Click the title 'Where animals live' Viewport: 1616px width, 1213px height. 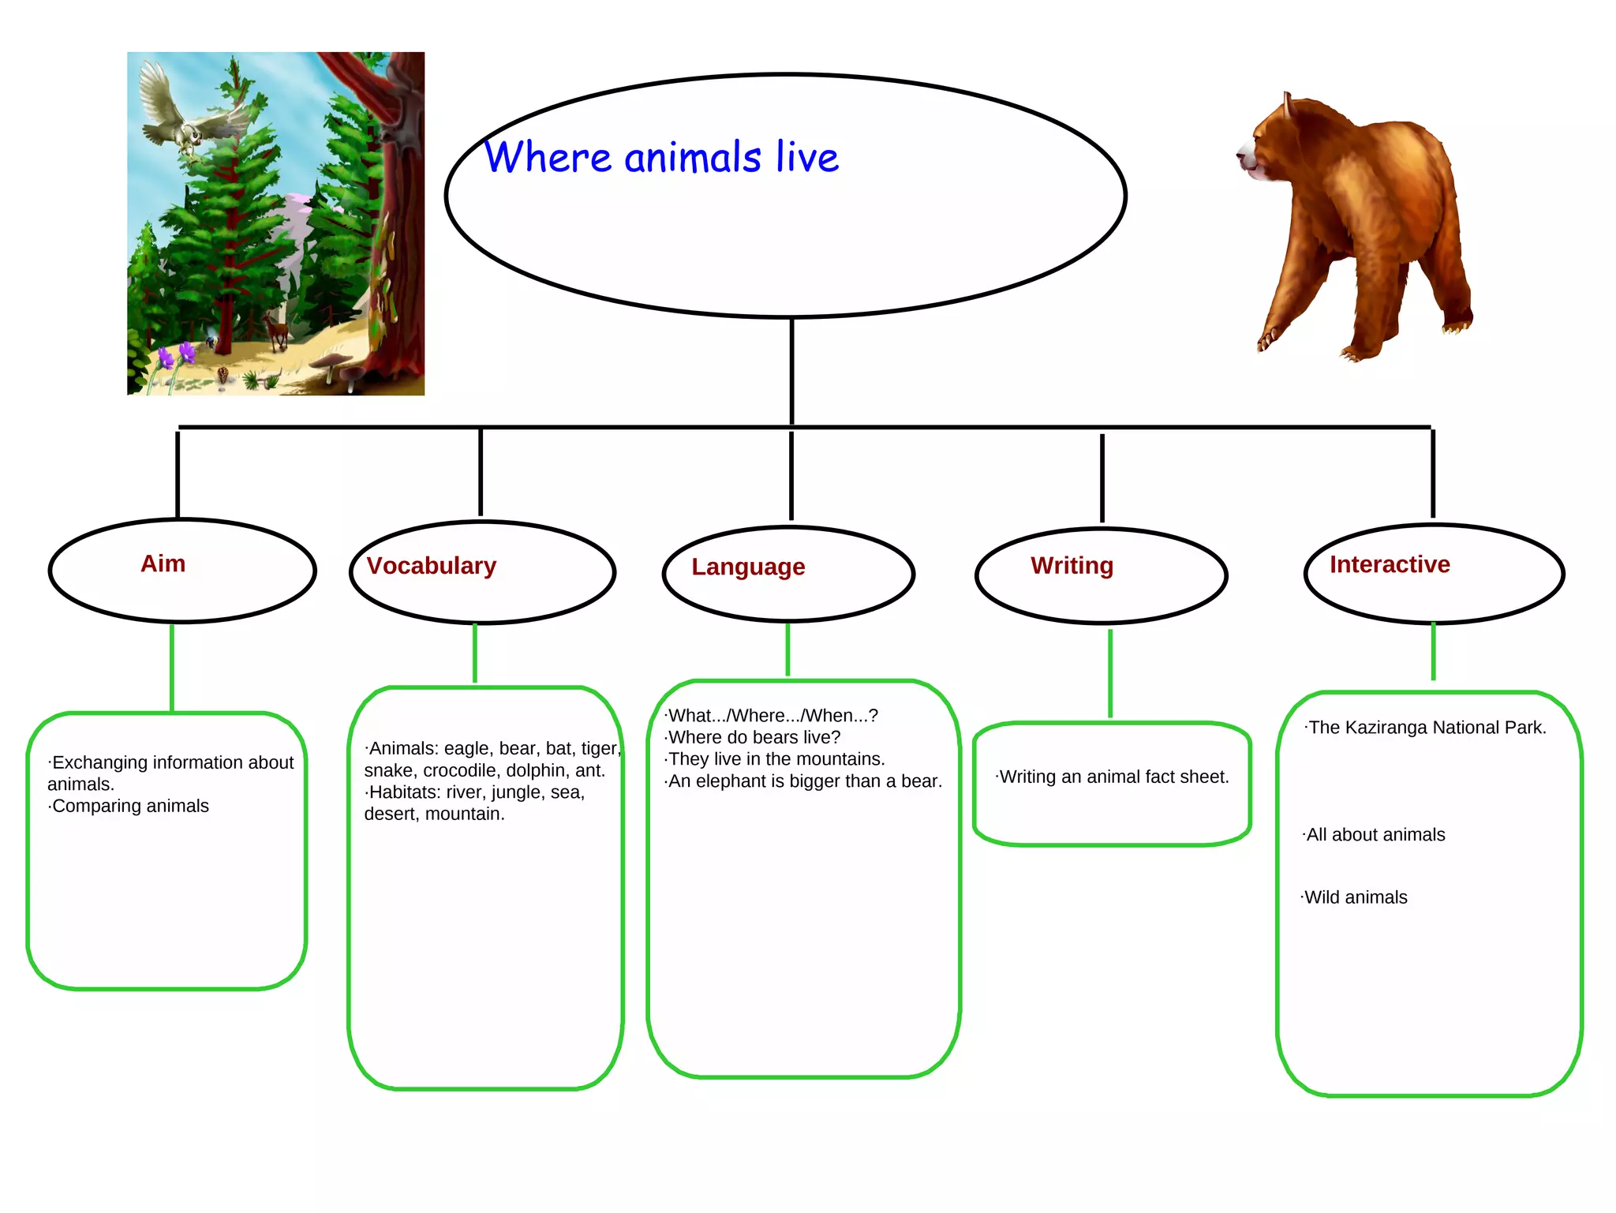click(661, 157)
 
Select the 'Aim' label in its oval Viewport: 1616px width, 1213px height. click(163, 563)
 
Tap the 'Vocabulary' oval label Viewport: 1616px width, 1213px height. click(432, 566)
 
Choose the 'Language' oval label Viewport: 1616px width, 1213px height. click(748, 567)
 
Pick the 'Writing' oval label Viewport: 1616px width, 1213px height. click(1072, 565)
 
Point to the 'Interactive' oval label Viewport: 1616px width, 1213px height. click(1390, 564)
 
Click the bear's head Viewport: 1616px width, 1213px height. click(1267, 142)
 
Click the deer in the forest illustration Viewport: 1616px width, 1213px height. click(276, 330)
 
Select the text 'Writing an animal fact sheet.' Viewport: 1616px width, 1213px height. click(1113, 777)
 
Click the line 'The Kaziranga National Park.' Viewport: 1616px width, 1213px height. click(1427, 728)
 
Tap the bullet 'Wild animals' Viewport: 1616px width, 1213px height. click(1355, 897)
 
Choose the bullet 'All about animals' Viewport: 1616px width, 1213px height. click(1375, 835)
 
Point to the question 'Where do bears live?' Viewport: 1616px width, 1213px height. click(754, 737)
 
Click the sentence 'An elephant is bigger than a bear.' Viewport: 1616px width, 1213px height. click(804, 781)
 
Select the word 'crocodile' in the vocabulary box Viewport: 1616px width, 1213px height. click(462, 770)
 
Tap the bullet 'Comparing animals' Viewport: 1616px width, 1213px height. click(130, 806)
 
